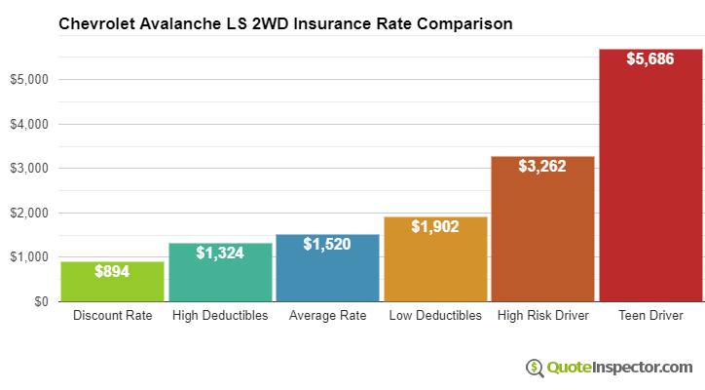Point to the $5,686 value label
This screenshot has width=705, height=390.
coord(650,60)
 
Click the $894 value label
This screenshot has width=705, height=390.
coord(112,272)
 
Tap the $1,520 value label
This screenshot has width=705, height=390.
coord(327,245)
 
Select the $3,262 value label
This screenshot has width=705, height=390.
coord(542,168)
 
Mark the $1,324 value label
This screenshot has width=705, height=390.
coord(220,253)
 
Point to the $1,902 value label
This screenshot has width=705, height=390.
coord(435,227)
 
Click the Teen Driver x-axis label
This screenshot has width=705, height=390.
coord(650,316)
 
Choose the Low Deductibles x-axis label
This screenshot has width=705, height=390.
coord(435,316)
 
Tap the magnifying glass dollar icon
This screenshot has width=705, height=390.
coord(535,368)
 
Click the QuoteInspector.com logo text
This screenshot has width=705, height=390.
coord(618,368)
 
